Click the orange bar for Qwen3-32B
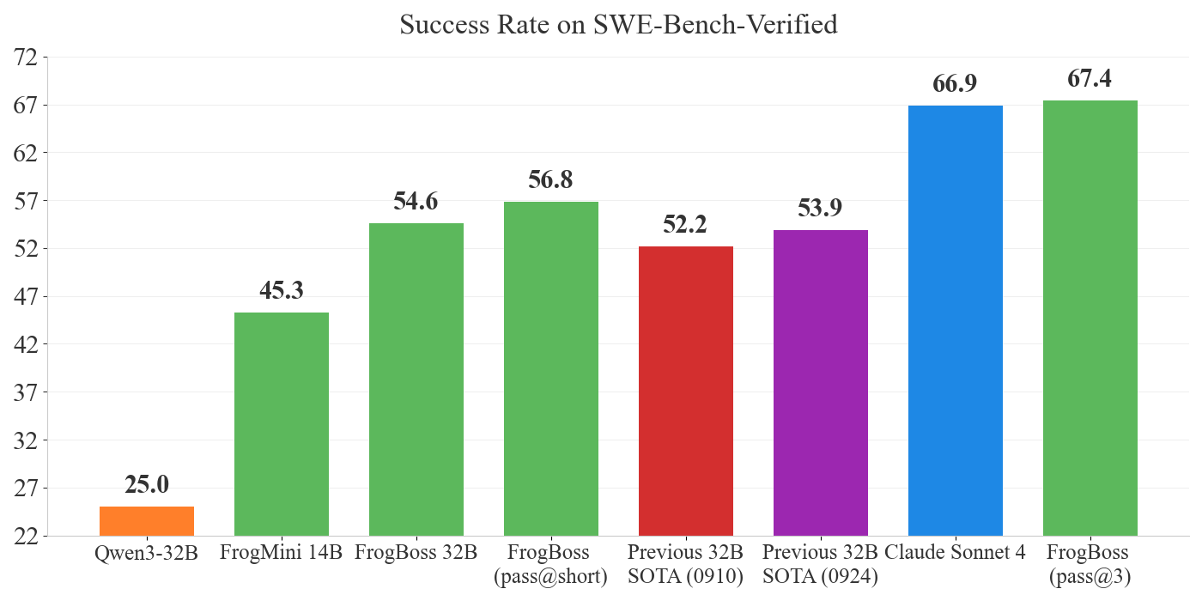(x=147, y=521)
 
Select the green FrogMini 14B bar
(x=282, y=424)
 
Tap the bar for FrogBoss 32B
(x=416, y=379)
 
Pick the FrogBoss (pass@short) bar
(x=551, y=369)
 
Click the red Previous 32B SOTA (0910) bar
(x=686, y=391)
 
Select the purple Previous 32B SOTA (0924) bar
(x=821, y=383)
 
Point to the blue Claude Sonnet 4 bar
(x=956, y=320)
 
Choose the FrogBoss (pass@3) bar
(x=1090, y=318)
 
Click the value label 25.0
(x=147, y=485)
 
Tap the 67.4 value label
(x=1090, y=79)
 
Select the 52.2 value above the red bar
(x=686, y=225)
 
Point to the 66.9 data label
(x=956, y=84)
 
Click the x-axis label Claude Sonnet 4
(x=956, y=553)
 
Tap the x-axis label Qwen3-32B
(x=147, y=553)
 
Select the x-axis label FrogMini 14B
(x=282, y=553)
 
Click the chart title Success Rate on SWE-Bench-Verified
(x=618, y=25)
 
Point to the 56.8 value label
(x=551, y=180)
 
